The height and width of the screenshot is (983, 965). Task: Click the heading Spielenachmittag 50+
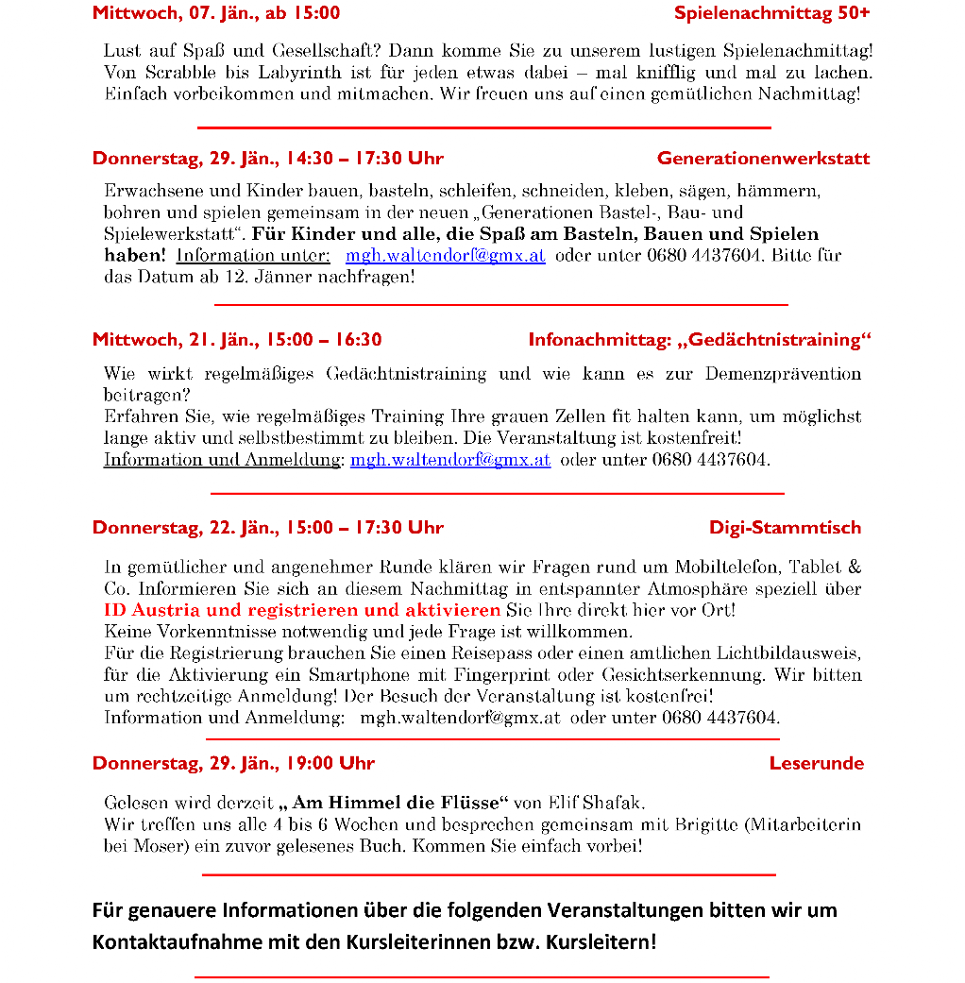(771, 13)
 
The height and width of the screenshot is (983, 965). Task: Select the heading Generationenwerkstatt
(763, 158)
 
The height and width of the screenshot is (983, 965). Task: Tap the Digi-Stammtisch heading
(785, 527)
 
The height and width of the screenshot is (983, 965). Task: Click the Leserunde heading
(816, 763)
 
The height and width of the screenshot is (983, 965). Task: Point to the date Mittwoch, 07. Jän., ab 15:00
(216, 13)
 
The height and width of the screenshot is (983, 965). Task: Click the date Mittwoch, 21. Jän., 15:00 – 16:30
(237, 339)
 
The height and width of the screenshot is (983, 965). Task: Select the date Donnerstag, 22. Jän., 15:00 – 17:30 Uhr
(268, 527)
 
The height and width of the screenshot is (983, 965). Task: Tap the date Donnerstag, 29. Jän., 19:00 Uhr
(233, 763)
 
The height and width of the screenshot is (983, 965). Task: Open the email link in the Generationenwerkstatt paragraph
(445, 256)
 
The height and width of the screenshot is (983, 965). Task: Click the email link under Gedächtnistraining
(449, 461)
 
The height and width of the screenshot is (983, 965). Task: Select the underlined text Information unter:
(252, 256)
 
